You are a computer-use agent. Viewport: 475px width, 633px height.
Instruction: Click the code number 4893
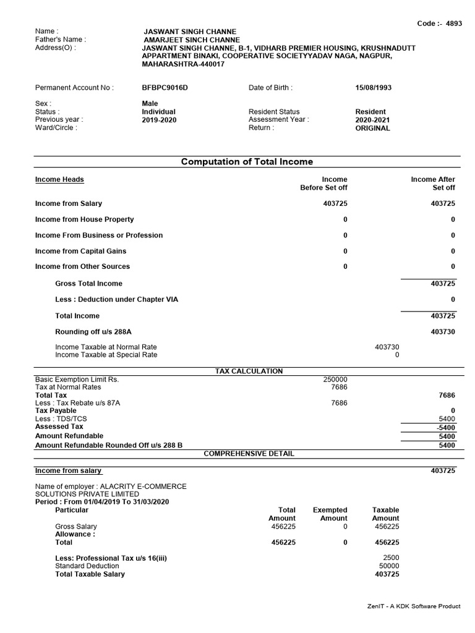453,23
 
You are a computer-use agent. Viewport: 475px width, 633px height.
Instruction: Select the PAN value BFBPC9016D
165,88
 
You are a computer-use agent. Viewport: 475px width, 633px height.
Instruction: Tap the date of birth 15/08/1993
373,88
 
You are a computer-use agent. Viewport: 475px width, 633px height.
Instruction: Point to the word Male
150,104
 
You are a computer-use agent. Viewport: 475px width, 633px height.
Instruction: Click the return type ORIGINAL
372,128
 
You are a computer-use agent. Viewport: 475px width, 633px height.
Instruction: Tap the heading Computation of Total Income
247,162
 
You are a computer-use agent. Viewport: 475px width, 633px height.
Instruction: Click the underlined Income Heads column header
59,179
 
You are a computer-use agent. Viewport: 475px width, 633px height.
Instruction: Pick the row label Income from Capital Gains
80,251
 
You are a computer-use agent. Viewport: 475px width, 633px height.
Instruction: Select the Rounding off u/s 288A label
93,331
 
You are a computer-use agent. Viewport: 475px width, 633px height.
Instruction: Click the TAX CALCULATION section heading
249,371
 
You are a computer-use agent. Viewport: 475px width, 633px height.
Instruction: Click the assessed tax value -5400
445,427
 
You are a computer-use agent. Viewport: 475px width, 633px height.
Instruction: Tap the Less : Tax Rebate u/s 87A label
77,403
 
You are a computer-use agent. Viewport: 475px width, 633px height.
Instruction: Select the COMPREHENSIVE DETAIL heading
249,453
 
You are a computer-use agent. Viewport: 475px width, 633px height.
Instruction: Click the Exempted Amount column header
330,514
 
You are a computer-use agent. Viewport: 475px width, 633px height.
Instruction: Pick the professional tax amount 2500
391,558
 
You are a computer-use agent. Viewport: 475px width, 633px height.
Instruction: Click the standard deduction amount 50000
389,566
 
